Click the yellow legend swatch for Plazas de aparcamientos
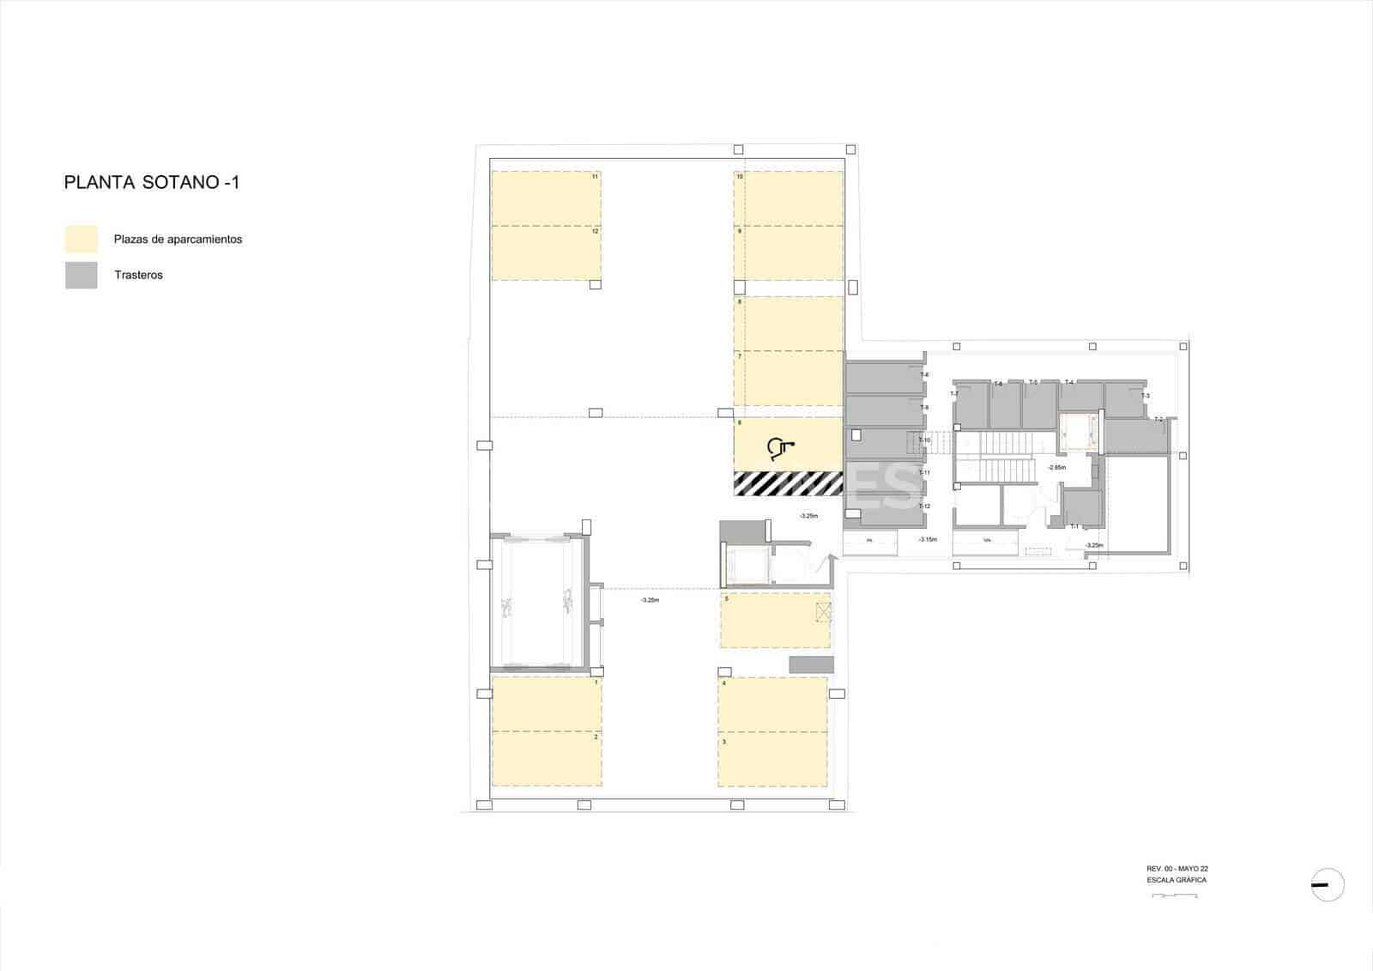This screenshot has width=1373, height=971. [81, 240]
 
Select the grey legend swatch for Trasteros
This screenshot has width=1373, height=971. [81, 276]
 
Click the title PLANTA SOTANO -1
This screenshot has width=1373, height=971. [151, 183]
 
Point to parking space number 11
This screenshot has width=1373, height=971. [546, 198]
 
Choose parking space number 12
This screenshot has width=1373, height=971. [546, 252]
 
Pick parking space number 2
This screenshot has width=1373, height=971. [546, 758]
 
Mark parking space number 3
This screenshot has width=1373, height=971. [772, 758]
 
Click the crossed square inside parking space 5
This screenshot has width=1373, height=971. [823, 612]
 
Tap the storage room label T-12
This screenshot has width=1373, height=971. [924, 507]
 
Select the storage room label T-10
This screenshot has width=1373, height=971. [924, 440]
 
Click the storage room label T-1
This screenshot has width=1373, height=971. [1074, 526]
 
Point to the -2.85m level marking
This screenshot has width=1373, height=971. [1056, 467]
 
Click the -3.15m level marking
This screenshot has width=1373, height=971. [928, 540]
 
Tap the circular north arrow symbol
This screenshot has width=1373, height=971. [1328, 884]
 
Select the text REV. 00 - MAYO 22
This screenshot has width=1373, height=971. [1177, 869]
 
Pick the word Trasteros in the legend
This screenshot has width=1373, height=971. [138, 276]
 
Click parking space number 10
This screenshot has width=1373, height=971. [788, 198]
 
